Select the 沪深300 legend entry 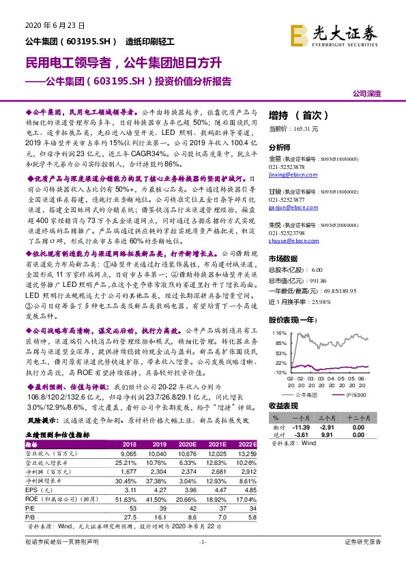coord(353,394)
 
